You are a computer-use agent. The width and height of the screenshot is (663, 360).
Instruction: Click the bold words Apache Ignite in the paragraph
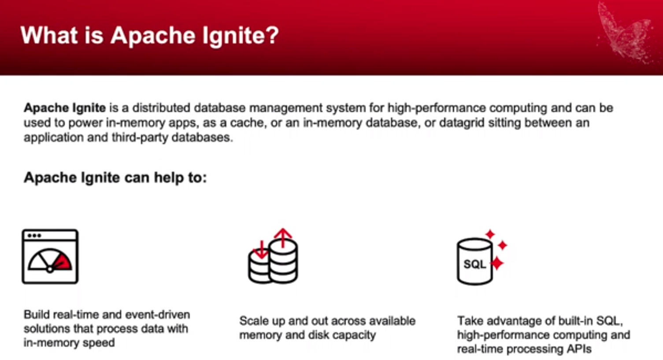click(x=64, y=108)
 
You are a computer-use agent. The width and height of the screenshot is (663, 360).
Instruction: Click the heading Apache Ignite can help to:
click(x=115, y=178)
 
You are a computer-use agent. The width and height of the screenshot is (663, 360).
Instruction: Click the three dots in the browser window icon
click(x=34, y=236)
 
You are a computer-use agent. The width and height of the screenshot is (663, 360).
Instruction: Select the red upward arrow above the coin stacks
click(x=283, y=238)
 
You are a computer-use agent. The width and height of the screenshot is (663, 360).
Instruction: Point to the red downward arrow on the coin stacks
click(x=261, y=249)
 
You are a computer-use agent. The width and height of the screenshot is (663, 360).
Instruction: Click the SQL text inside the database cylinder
click(x=474, y=264)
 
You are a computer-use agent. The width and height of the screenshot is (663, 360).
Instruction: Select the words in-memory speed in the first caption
click(x=69, y=343)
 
